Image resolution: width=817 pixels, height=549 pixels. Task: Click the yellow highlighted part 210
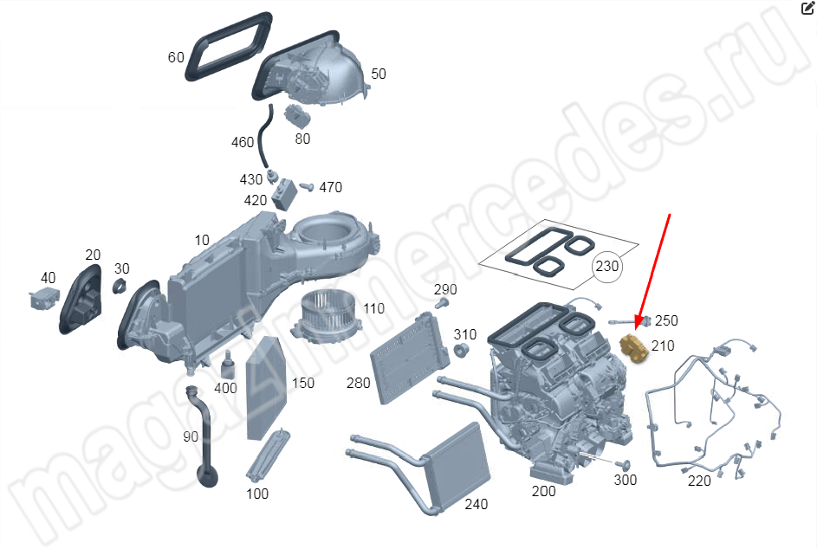pyautogui.click(x=633, y=347)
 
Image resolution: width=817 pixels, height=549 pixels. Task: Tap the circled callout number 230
pyautogui.click(x=607, y=267)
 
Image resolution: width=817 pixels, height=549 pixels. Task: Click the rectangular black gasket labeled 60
pyautogui.click(x=228, y=47)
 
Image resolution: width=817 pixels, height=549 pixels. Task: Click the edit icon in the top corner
pyautogui.click(x=807, y=9)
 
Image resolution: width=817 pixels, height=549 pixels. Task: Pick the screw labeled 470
pyautogui.click(x=307, y=186)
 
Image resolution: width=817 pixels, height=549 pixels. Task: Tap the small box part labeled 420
pyautogui.click(x=284, y=195)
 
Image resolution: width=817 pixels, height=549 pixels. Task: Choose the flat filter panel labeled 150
pyautogui.click(x=266, y=388)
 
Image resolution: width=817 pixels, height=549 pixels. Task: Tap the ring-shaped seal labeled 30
pyautogui.click(x=120, y=286)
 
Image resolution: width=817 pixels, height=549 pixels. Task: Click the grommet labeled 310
pyautogui.click(x=460, y=351)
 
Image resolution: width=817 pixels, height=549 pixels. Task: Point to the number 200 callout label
pyautogui.click(x=543, y=491)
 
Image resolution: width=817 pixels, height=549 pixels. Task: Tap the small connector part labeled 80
pyautogui.click(x=297, y=116)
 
